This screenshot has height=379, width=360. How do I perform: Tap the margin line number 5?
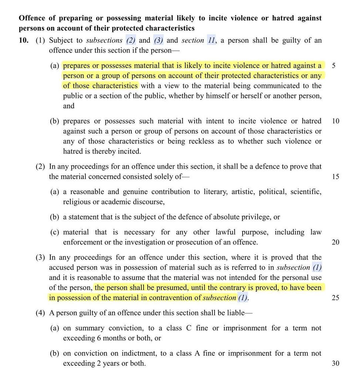(x=334, y=66)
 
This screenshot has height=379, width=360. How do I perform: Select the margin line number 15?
(x=335, y=177)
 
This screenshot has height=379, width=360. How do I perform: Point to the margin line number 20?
(x=335, y=242)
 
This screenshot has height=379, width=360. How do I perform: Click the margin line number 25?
(x=335, y=298)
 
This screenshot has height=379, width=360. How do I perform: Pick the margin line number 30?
(x=335, y=363)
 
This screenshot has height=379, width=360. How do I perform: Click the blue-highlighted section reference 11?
(x=211, y=40)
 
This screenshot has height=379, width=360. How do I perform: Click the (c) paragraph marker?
(x=55, y=232)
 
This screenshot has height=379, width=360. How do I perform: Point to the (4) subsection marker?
(x=40, y=313)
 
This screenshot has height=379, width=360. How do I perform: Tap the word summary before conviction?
(x=90, y=328)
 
